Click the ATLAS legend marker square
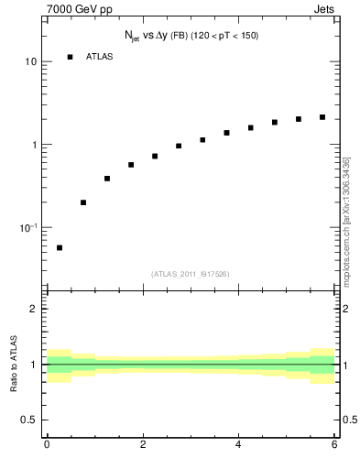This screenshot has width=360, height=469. [70, 57]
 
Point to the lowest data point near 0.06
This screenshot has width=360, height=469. [60, 247]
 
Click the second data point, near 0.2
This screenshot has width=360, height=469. [83, 202]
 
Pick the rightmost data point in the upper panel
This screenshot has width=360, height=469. [322, 117]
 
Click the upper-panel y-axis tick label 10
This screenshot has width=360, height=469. [30, 62]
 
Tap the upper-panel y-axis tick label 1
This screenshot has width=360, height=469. [33, 145]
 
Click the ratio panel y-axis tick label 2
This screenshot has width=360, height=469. [33, 309]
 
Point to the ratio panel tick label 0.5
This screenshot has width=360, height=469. [29, 420]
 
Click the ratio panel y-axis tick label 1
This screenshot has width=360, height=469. [33, 365]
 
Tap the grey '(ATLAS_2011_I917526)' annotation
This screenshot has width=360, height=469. [191, 273]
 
